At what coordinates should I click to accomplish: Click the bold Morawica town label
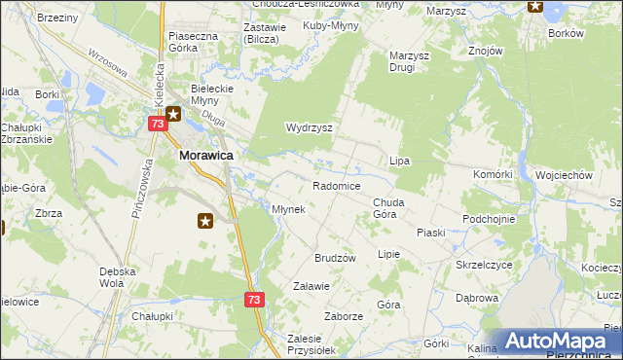(203, 154)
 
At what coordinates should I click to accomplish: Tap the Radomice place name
(337, 186)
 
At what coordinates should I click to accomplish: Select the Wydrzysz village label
(310, 127)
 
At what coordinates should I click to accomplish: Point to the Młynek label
(289, 209)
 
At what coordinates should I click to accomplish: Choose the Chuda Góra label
(389, 208)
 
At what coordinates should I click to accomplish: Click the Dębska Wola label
(111, 277)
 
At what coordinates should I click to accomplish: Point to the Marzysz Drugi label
(410, 62)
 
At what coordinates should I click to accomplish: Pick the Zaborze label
(344, 316)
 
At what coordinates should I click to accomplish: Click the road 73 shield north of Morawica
(158, 125)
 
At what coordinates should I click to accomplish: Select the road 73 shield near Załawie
(253, 301)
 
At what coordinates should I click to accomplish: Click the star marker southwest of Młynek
(205, 222)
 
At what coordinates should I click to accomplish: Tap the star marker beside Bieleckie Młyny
(173, 115)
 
